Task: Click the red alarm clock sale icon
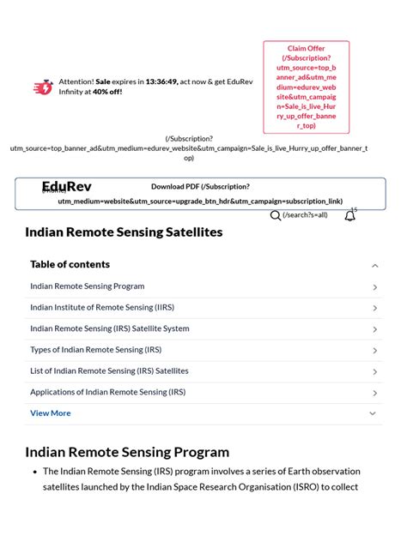[x=42, y=87]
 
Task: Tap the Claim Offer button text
[x=306, y=49]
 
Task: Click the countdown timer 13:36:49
[x=161, y=81]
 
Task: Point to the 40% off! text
[x=107, y=92]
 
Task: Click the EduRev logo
[x=66, y=187]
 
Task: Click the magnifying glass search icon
[x=276, y=215]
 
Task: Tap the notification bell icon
[x=349, y=216]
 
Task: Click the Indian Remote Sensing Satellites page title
[x=124, y=232]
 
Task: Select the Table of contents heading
[x=70, y=264]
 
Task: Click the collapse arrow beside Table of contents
[x=374, y=266]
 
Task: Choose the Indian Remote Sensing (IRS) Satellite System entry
[x=109, y=328]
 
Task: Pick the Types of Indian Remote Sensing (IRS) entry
[x=95, y=350]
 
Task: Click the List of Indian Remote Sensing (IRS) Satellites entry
[x=109, y=370]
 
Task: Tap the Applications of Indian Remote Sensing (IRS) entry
[x=107, y=392]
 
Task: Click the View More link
[x=51, y=413]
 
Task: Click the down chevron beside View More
[x=373, y=413]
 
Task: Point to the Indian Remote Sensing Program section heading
[x=127, y=452]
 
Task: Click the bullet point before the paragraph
[x=33, y=472]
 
